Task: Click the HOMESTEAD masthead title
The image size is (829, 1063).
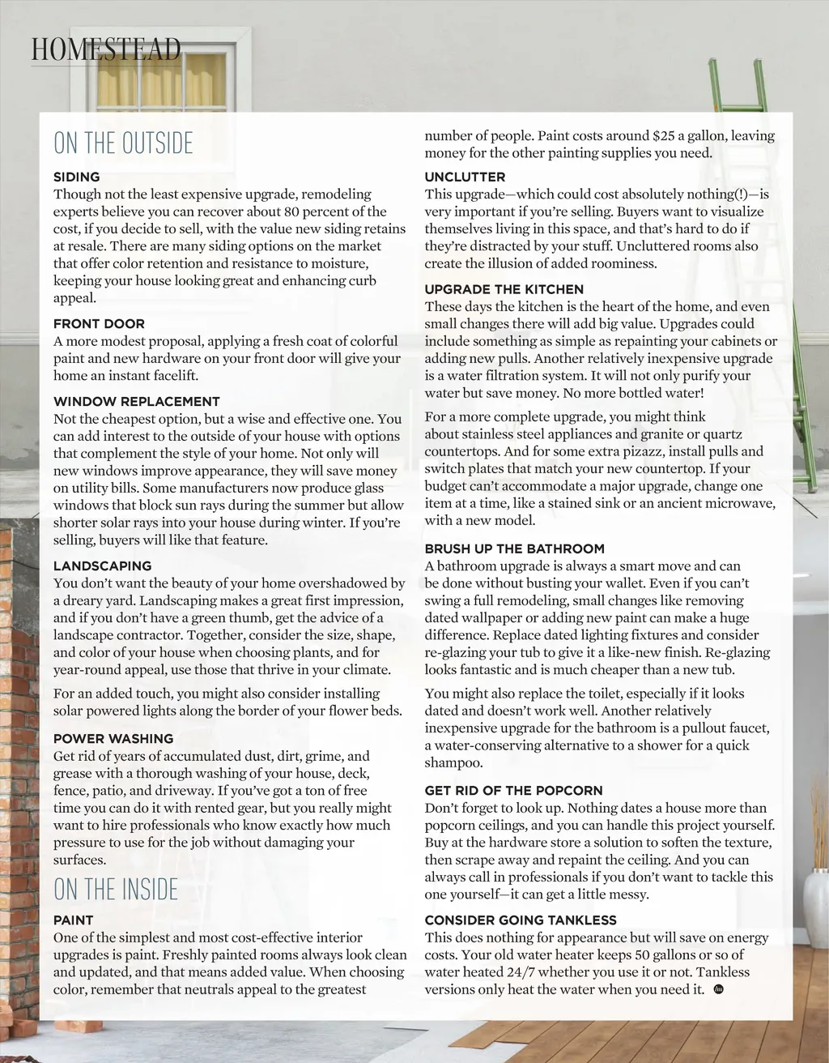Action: pos(106,49)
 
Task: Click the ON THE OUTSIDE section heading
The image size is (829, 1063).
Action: pos(123,143)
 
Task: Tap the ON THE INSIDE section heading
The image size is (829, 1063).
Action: pos(115,890)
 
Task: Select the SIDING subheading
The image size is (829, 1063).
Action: pos(77,177)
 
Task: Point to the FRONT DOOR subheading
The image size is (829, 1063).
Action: pos(99,324)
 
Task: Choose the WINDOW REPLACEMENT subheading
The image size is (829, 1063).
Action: pos(136,402)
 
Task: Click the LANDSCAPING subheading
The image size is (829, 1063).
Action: pos(102,566)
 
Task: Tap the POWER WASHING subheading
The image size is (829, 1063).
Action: pos(113,739)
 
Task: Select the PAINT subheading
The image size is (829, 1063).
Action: pos(73,920)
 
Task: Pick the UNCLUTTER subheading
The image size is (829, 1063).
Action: pos(465,177)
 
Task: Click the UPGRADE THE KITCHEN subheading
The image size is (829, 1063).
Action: pos(504,289)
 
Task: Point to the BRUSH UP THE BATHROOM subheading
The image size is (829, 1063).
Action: pos(514,549)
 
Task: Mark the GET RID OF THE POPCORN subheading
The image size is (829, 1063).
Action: pos(513,791)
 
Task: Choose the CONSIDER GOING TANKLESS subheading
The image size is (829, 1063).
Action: pos(521,920)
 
